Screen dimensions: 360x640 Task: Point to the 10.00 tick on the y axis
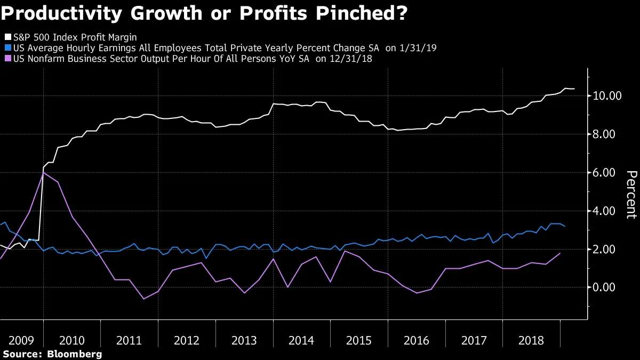606,96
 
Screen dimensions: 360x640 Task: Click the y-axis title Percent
630,195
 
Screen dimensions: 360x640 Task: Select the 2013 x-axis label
244,340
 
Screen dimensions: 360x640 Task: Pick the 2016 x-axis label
416,340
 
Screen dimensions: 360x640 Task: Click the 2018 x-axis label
531,340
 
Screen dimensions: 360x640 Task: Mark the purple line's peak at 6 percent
43,172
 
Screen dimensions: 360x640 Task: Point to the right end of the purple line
560,253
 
